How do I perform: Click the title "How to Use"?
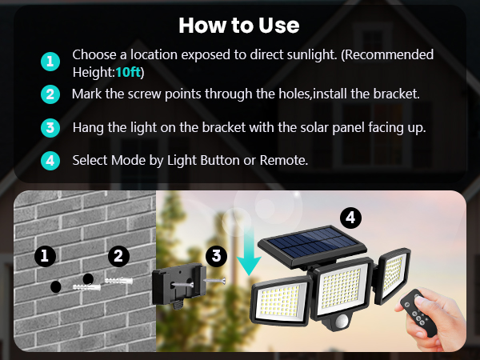[x=239, y=25]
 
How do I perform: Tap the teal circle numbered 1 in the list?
[x=50, y=62]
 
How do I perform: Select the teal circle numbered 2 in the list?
[x=50, y=94]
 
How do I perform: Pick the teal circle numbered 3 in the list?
[x=50, y=127]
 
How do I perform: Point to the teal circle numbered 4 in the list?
[x=50, y=160]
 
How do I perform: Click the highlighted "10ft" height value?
[x=129, y=71]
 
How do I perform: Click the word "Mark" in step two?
[x=87, y=94]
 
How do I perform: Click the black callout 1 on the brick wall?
[x=46, y=256]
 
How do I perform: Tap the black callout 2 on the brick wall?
[x=118, y=256]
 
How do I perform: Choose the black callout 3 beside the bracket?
[x=215, y=256]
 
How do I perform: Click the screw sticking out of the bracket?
[x=214, y=282]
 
